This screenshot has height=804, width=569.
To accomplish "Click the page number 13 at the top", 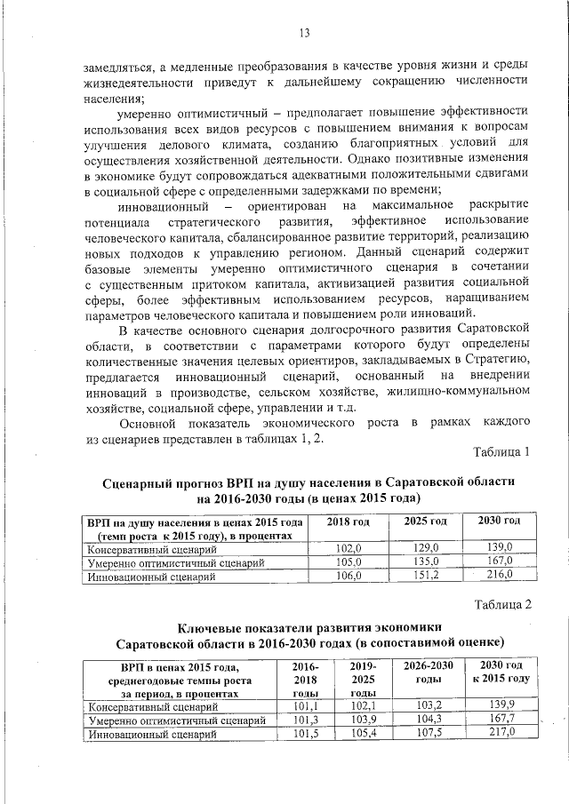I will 303,34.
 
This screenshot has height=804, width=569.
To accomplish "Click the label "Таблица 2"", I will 501,604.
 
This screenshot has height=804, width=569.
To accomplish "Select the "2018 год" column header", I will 349,521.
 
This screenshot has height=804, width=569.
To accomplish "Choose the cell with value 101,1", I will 304,706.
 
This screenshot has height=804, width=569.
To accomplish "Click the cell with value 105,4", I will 364,735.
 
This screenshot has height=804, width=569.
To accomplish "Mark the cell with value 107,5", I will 429,735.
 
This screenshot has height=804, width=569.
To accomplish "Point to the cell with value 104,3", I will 429,720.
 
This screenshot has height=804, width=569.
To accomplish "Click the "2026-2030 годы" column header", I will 429,673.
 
